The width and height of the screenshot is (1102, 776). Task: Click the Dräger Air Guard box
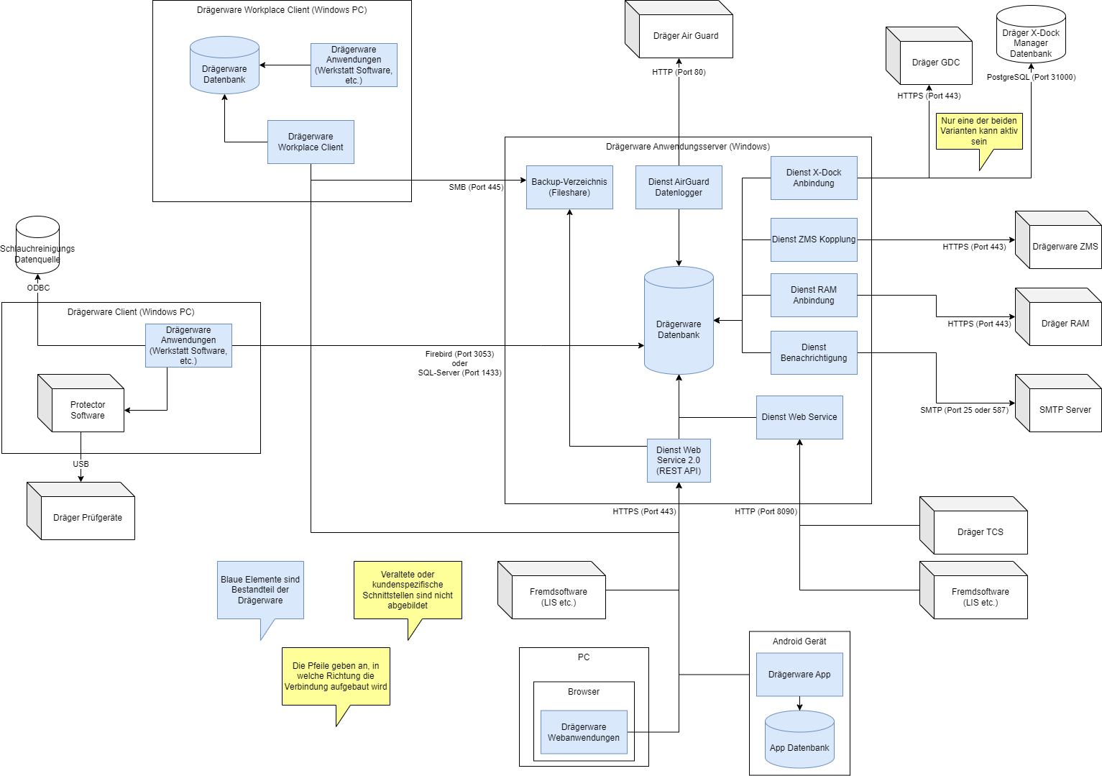click(679, 29)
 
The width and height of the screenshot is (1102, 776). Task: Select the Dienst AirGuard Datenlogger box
click(679, 188)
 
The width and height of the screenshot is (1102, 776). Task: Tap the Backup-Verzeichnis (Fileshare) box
click(570, 188)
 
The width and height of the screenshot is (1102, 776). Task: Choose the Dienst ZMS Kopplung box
click(814, 239)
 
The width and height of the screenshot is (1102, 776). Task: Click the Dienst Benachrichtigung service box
click(814, 353)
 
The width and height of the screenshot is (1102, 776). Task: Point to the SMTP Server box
click(1058, 403)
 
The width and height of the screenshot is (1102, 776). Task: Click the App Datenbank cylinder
click(799, 739)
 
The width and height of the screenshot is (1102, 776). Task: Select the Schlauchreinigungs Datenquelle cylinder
click(38, 245)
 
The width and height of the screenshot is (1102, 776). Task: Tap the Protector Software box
click(81, 403)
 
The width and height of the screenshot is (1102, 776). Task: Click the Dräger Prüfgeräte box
click(81, 511)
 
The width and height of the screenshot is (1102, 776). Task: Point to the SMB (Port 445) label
click(476, 188)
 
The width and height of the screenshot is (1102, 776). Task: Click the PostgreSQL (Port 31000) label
click(1031, 77)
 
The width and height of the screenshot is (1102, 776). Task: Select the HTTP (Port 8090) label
click(766, 512)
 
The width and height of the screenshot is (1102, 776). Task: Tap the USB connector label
click(81, 464)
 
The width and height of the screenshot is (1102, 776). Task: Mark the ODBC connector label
click(38, 288)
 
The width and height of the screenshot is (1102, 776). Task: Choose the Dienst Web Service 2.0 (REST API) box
click(679, 460)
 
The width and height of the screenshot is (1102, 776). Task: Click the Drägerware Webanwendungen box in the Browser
click(584, 732)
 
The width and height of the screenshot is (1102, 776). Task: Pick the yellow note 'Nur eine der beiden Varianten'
click(979, 132)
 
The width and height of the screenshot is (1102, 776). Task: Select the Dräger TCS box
click(973, 526)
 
